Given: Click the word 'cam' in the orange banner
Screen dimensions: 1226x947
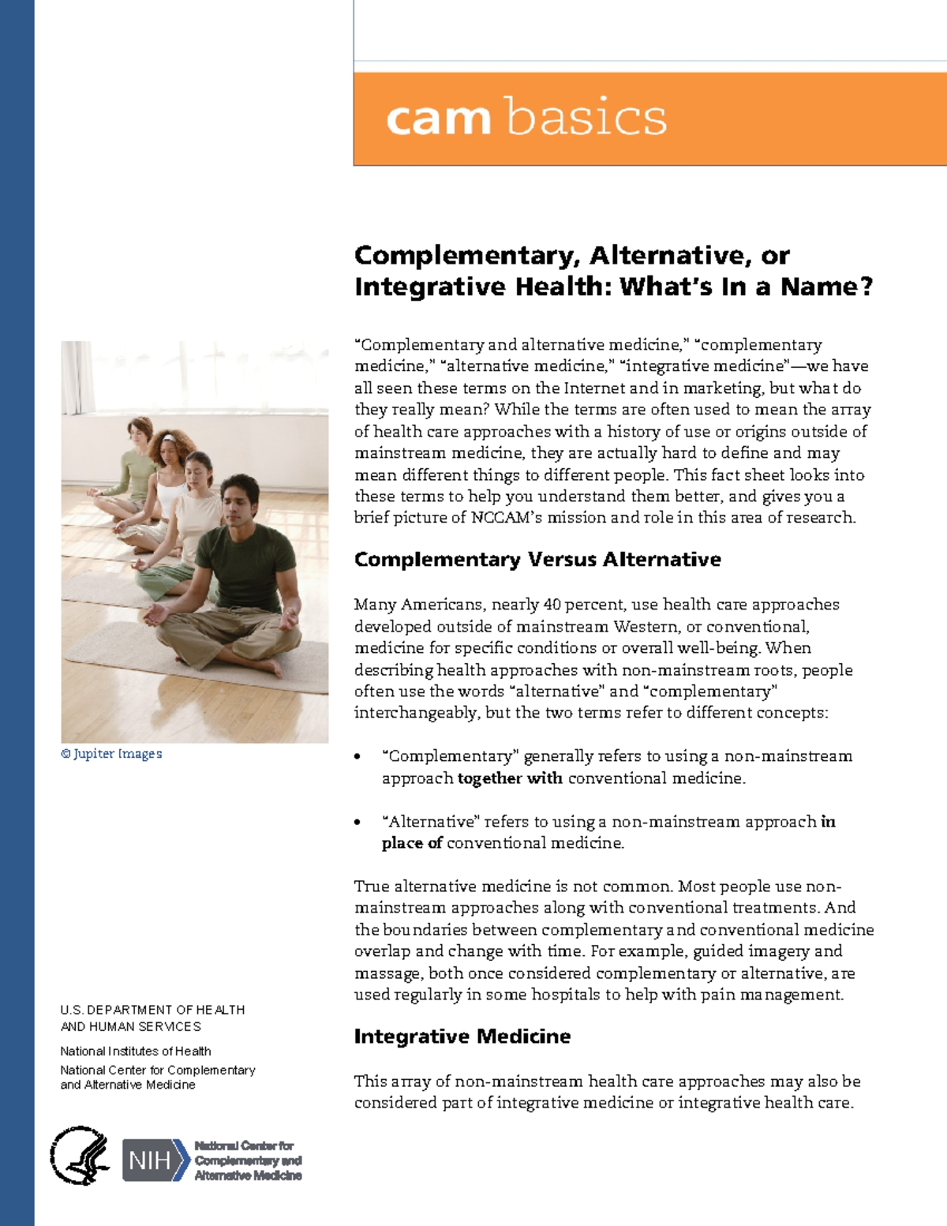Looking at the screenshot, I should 439,119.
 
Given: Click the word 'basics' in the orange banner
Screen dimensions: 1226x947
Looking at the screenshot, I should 586,118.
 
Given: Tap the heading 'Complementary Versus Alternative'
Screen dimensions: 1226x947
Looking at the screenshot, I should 537,560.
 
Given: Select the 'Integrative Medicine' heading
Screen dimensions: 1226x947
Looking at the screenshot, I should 462,1037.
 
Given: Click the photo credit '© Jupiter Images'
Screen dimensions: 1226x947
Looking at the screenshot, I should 111,754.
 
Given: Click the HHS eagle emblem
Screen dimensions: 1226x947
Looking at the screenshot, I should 80,1156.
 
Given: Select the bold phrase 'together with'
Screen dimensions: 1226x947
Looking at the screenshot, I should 510,778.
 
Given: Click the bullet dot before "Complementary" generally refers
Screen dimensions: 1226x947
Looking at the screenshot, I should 357,757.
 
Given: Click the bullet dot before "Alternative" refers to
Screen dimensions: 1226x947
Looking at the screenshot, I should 357,823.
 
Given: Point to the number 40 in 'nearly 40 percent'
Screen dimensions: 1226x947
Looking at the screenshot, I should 552,605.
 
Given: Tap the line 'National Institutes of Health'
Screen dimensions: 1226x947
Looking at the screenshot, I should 136,1052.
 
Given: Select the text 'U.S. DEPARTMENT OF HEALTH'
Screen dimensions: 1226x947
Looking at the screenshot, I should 152,1010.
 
